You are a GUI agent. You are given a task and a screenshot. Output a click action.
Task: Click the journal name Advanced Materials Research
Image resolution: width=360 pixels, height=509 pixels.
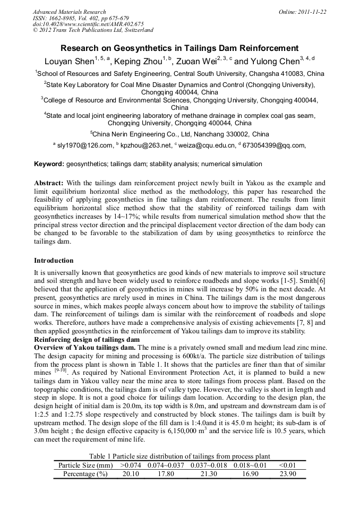coord(70,12)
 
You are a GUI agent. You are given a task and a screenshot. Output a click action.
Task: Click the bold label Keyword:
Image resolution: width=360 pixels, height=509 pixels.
coord(49,164)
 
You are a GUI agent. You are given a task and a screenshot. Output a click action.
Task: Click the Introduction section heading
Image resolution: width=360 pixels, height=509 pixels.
coord(54,261)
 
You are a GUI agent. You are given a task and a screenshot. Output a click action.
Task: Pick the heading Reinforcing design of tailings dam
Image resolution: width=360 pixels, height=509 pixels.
coord(87,339)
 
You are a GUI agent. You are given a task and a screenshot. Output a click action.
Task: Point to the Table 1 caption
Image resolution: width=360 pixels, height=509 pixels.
coord(179,456)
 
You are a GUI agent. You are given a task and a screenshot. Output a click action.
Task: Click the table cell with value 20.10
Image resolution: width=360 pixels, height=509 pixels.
coord(131,474)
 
